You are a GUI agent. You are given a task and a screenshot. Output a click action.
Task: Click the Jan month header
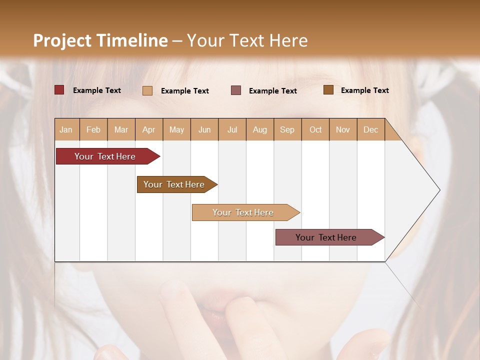(66, 129)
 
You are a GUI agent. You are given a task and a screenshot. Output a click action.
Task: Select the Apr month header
(149, 129)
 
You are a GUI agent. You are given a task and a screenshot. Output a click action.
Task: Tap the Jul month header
(232, 129)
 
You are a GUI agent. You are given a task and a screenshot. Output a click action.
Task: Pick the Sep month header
(287, 129)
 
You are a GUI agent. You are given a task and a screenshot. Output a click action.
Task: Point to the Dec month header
(371, 129)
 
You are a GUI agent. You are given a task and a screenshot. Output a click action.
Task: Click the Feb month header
(93, 129)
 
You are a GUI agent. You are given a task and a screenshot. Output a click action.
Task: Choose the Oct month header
(315, 129)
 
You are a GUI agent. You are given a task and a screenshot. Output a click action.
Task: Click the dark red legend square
(59, 90)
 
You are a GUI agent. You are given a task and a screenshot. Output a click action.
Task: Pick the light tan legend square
(147, 90)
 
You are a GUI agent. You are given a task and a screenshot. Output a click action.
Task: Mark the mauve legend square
(236, 90)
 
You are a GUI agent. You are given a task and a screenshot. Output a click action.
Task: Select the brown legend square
(328, 90)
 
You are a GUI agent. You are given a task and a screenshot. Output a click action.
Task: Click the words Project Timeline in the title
(100, 40)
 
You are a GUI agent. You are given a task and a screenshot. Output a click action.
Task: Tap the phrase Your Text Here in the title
(247, 40)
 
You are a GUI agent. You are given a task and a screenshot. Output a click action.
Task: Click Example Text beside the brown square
(364, 90)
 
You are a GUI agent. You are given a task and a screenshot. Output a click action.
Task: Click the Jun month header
(204, 129)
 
